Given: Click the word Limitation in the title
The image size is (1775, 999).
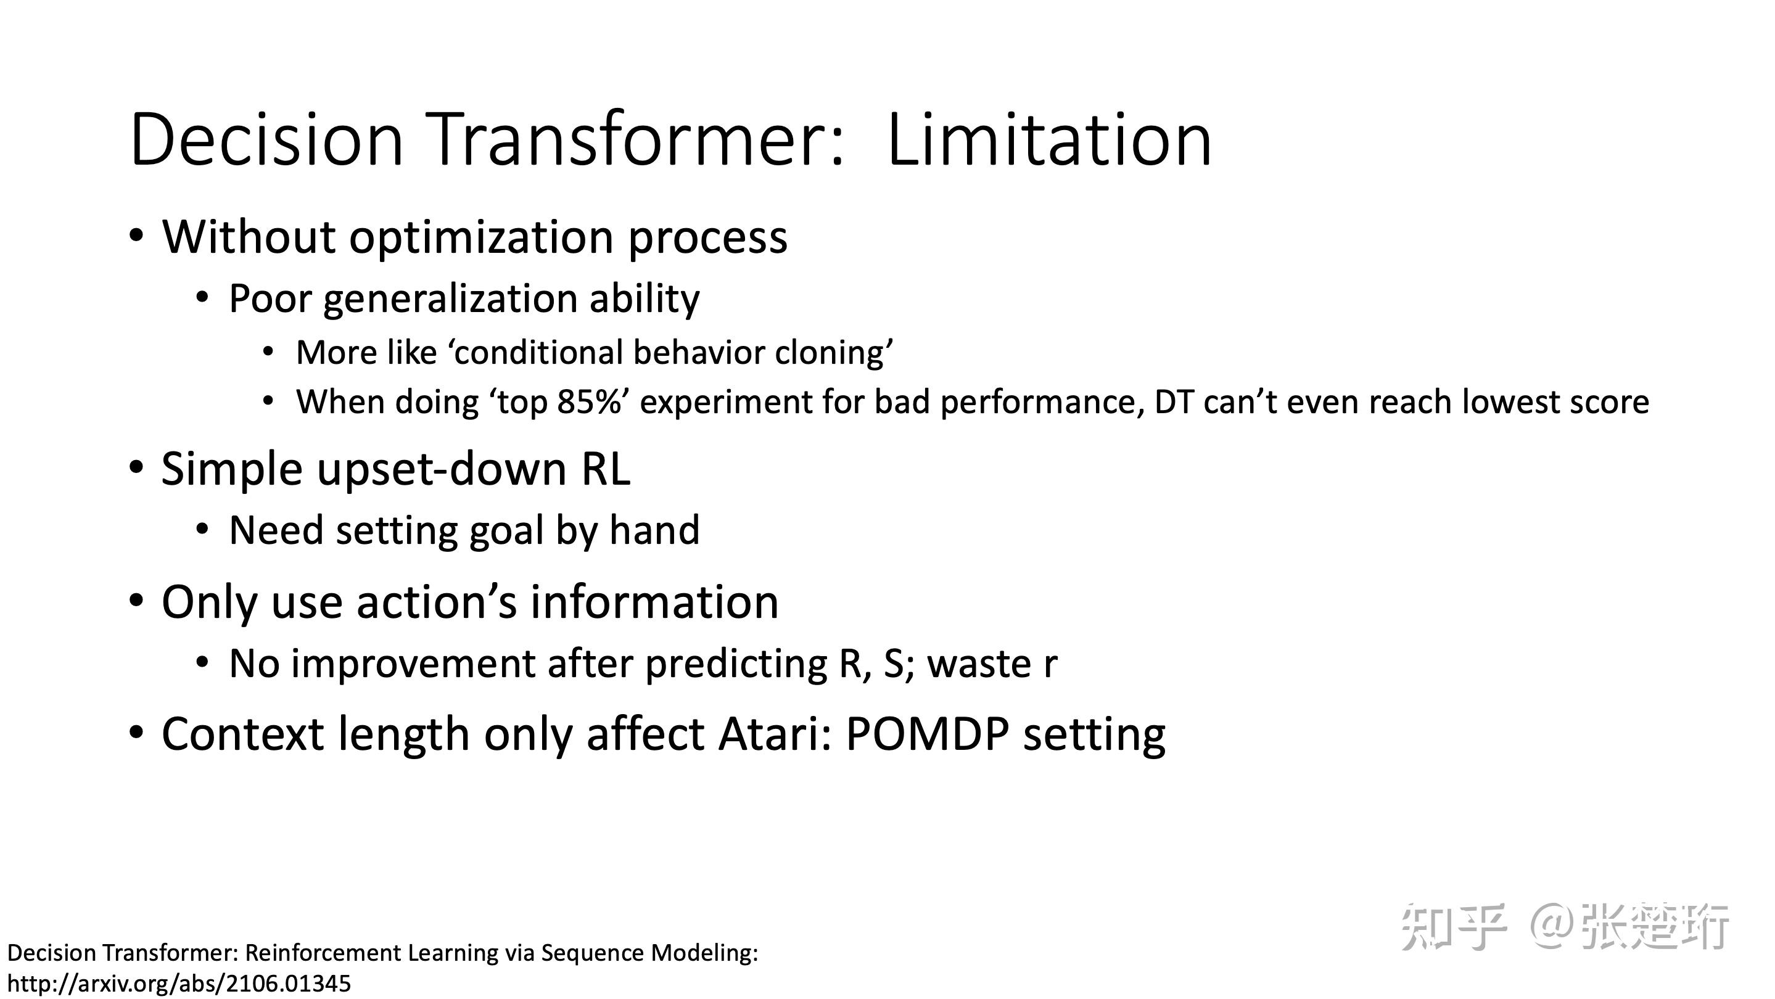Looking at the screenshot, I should coord(1048,141).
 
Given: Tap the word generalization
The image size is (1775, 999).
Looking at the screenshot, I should coord(450,300).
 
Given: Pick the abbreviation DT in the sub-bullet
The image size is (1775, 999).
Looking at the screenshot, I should coord(1174,402).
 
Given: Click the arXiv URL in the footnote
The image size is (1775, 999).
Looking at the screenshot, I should coord(178,983).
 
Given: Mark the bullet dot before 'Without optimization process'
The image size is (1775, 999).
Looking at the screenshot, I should coord(136,236).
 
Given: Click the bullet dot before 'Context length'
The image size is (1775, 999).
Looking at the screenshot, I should coord(136,733).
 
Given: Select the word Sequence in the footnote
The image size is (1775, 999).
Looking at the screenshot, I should coord(593,953).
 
